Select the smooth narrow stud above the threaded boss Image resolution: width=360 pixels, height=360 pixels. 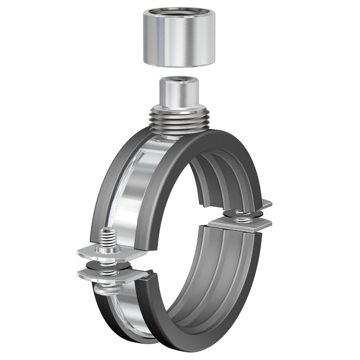[x=179, y=94]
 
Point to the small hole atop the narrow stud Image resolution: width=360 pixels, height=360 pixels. [x=179, y=80]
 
